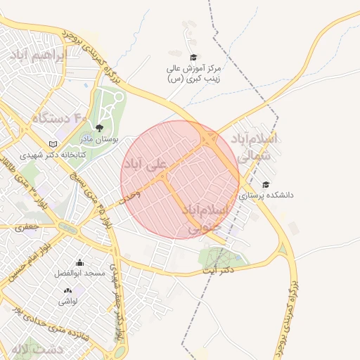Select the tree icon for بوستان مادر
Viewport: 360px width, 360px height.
coord(98,128)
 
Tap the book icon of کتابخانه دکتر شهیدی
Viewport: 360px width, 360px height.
coord(52,144)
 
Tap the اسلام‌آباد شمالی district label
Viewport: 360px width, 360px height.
coord(257,147)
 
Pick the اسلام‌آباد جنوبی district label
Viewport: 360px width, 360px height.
coord(206,219)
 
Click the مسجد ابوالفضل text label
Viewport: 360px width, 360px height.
coord(82,273)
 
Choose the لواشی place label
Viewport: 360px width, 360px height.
coord(67,300)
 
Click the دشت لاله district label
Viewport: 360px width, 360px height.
coord(37,349)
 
